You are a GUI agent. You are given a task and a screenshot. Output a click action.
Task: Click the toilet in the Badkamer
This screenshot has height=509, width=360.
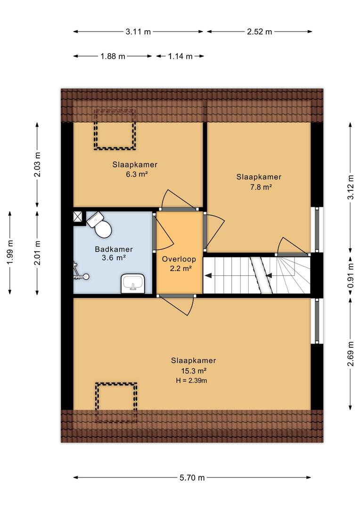click(100, 224)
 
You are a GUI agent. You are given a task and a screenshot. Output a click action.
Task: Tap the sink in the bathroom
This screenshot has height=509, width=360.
click(133, 283)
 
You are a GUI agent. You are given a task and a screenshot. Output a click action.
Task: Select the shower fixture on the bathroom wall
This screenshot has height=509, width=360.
click(80, 271)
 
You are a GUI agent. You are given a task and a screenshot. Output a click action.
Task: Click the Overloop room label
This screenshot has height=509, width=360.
click(179, 259)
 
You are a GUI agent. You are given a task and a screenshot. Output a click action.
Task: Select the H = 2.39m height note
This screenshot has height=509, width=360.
click(191, 380)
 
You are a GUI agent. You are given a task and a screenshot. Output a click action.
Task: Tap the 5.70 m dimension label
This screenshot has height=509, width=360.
click(192, 477)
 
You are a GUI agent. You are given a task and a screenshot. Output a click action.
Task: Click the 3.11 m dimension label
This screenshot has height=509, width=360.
click(138, 32)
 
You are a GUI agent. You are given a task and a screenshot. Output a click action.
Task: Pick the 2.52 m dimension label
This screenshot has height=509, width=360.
click(259, 32)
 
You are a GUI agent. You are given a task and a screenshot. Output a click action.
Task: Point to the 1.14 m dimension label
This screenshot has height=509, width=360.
click(180, 57)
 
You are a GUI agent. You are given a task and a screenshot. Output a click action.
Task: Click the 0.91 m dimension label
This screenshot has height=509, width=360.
click(351, 275)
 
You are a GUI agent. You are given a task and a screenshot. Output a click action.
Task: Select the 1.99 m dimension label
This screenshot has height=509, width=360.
click(10, 252)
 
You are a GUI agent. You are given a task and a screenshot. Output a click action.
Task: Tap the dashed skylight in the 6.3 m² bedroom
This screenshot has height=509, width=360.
click(115, 130)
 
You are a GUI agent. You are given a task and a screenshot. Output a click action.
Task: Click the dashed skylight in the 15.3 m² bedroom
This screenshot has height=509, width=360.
click(116, 402)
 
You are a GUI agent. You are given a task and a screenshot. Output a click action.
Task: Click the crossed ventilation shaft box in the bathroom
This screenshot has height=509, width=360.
click(78, 217)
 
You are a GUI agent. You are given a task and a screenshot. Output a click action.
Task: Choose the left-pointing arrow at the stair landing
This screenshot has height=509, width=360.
click(208, 276)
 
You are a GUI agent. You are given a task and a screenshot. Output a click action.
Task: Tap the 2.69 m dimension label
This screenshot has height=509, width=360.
click(351, 354)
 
